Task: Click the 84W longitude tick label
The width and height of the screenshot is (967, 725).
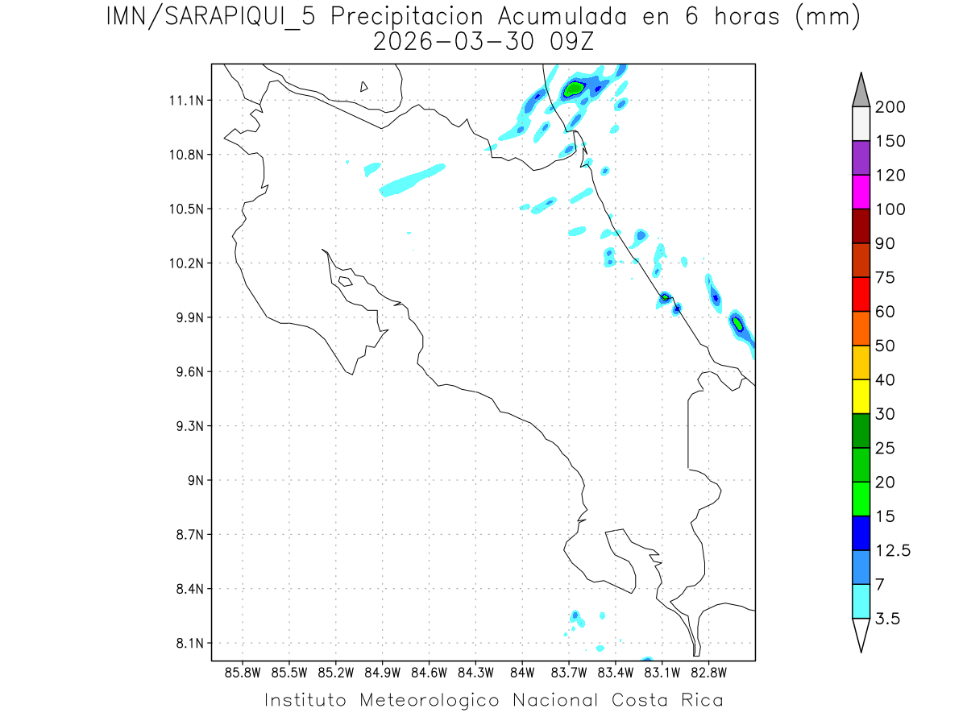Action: (522, 672)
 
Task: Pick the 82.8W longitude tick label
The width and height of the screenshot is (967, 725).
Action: (708, 672)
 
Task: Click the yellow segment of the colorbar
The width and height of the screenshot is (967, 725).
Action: (861, 396)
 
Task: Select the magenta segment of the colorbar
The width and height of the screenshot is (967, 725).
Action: (861, 192)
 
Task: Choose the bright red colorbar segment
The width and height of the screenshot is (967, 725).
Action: (861, 294)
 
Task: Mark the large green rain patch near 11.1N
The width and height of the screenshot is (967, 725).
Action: (575, 88)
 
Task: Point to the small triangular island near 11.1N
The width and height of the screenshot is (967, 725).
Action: (364, 86)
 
